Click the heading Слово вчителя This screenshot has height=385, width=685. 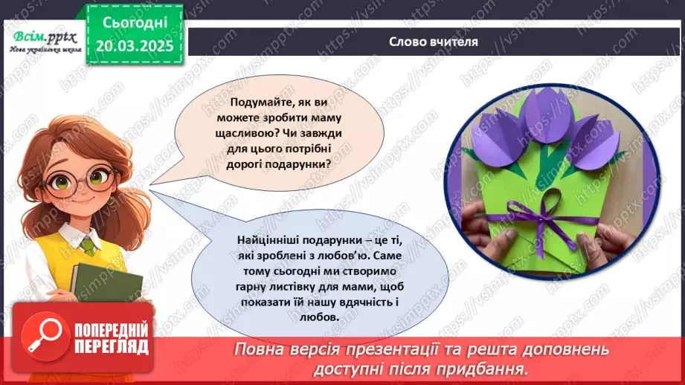433,42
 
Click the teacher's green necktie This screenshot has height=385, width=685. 88,243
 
